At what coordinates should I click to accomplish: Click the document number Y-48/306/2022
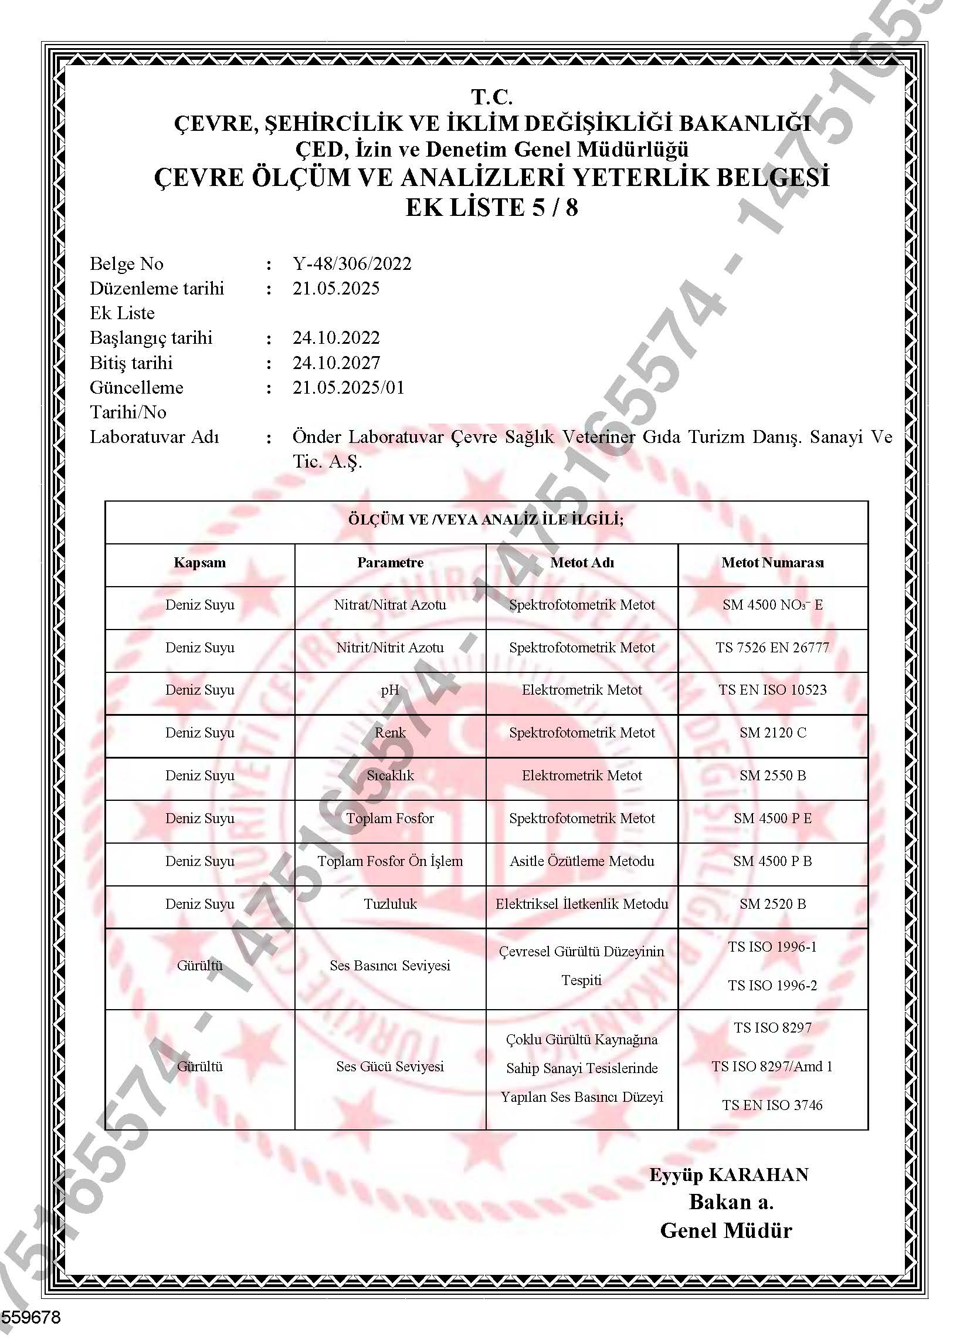point(351,263)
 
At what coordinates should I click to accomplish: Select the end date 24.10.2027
point(336,363)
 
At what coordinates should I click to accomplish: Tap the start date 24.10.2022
point(336,338)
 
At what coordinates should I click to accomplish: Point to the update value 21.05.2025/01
point(348,388)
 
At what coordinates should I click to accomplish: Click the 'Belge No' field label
point(127,263)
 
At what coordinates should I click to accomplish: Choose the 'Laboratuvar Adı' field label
point(154,437)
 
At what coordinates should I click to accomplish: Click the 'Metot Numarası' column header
point(772,563)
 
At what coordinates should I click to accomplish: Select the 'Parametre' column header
point(390,563)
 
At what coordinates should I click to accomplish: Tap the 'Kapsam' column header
point(199,563)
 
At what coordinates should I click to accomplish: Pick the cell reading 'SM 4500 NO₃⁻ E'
point(772,605)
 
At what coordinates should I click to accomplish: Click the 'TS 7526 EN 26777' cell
point(772,648)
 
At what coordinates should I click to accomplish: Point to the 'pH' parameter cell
point(390,690)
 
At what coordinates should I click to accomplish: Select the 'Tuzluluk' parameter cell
point(390,904)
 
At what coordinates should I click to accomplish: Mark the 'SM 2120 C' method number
point(772,733)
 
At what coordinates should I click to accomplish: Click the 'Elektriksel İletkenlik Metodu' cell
point(582,904)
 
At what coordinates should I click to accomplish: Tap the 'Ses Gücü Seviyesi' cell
point(390,1067)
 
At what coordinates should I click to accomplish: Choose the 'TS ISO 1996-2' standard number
point(772,986)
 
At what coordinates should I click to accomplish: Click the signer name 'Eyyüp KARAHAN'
point(728,1175)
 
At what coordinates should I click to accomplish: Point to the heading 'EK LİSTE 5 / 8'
point(491,208)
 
